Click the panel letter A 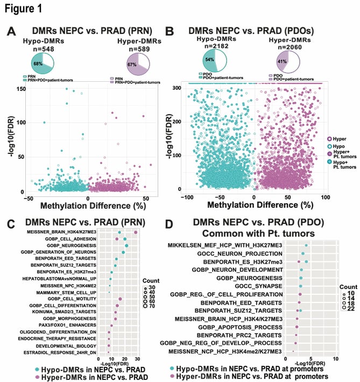pyautogui.click(x=11, y=32)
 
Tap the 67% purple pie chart pyautogui.click(x=138, y=63)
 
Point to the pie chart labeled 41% pyautogui.click(x=287, y=59)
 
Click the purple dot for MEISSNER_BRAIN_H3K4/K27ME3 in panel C pyautogui.click(x=136, y=232)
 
